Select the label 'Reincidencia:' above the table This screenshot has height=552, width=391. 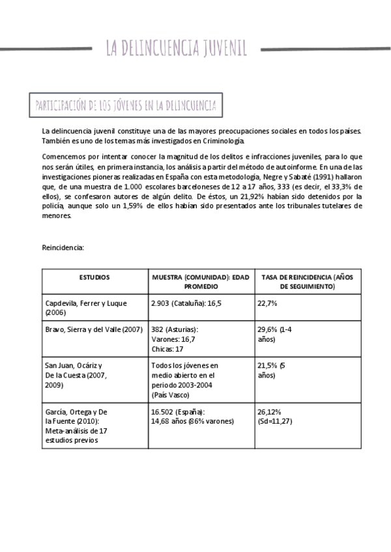point(63,247)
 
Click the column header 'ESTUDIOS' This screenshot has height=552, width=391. point(94,277)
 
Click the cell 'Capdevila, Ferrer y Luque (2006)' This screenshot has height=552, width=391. point(86,308)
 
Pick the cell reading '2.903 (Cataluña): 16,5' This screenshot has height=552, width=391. point(186,303)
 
